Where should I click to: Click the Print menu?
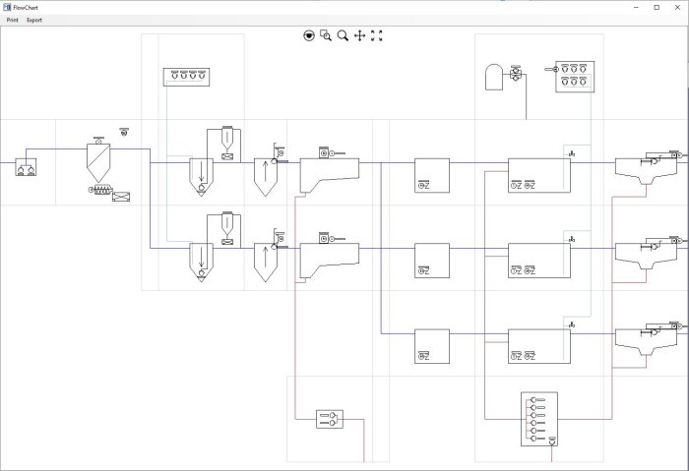(x=12, y=20)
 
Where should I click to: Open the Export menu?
(x=34, y=20)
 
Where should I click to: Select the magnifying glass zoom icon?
(x=343, y=35)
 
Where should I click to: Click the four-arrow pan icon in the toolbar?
(x=359, y=35)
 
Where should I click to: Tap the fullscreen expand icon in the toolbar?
(x=376, y=35)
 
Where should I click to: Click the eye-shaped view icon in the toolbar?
(x=309, y=35)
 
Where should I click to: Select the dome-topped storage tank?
(x=494, y=77)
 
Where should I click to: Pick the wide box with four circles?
(x=186, y=77)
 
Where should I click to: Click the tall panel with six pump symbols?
(x=538, y=419)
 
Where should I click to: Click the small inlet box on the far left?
(x=26, y=167)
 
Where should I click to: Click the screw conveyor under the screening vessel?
(x=104, y=190)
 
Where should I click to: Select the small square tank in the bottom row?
(x=431, y=346)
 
